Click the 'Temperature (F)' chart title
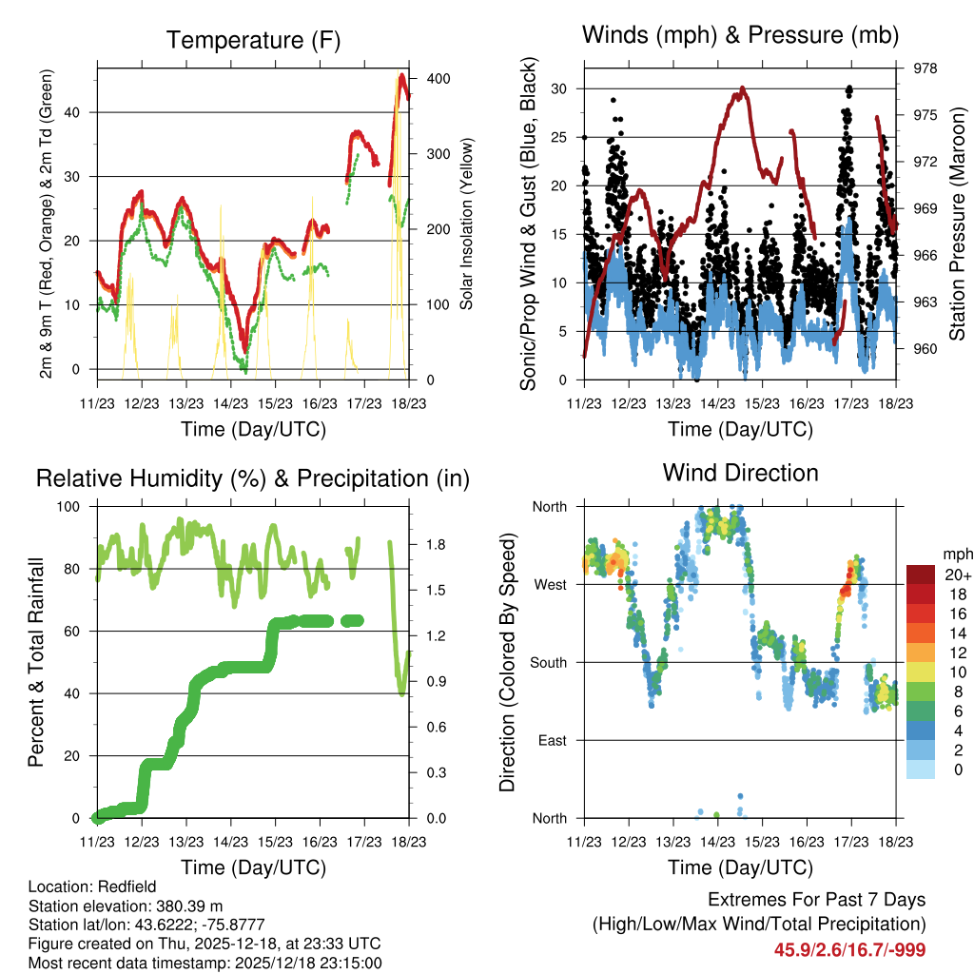pos(253,40)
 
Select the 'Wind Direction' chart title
pos(740,472)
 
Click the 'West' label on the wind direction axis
pos(551,584)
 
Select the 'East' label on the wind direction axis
pos(553,740)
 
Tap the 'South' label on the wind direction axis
pos(549,662)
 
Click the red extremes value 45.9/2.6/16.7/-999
pos(849,949)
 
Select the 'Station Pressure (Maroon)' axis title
pos(958,224)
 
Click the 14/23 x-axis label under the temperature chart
pos(230,403)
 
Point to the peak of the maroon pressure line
pos(742,88)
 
